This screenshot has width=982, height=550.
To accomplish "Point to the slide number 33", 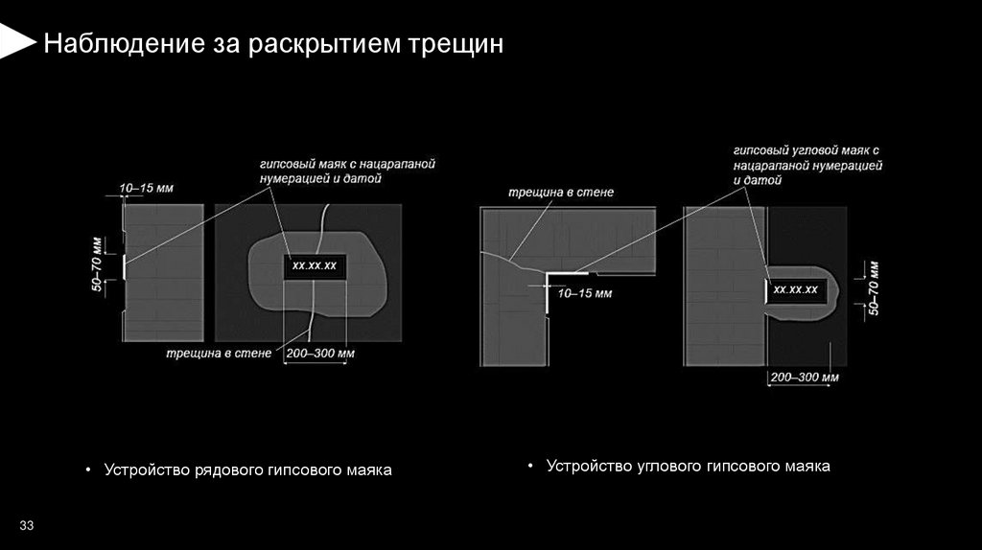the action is pos(26,525).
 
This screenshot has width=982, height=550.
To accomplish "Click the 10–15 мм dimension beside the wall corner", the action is pos(584,293).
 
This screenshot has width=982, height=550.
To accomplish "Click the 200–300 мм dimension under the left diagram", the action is pos(320,354).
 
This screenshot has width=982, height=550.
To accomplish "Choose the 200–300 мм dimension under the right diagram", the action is pos(804,377).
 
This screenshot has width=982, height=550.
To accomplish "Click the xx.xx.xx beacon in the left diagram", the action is pos(315,265).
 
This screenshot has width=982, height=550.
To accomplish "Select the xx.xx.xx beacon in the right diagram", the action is pos(795,289).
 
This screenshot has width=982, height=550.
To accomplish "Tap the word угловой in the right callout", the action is pos(813,151).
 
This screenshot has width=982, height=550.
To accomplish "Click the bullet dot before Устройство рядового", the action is pos(87,471).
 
